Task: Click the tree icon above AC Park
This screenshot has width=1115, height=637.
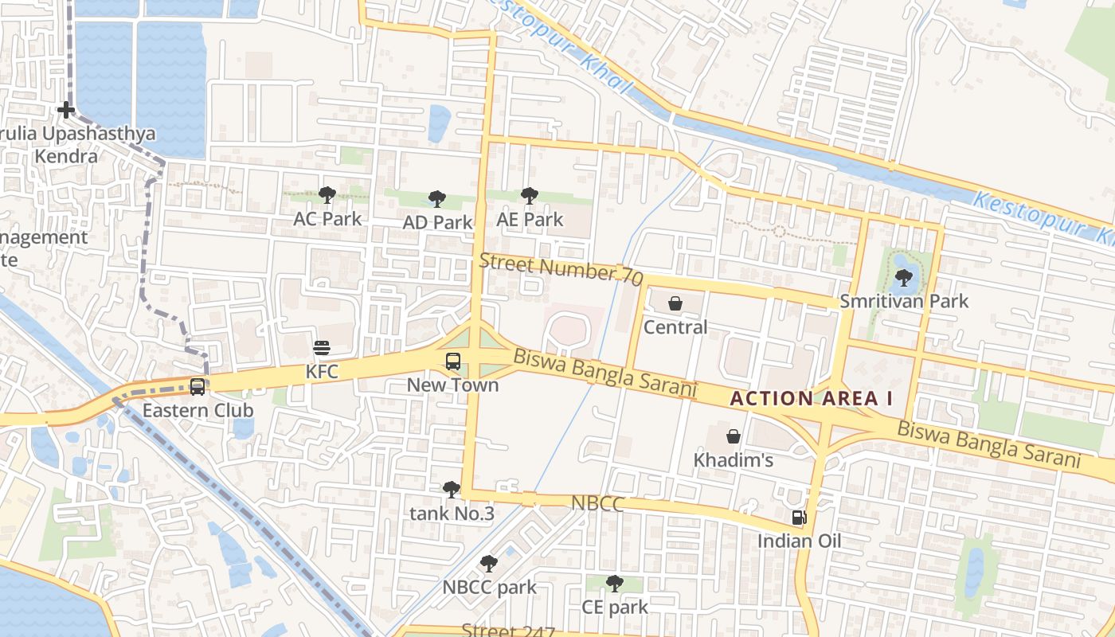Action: [x=327, y=195]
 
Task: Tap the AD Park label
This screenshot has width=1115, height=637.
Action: [x=437, y=222]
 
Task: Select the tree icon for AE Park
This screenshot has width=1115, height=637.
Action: [x=529, y=196]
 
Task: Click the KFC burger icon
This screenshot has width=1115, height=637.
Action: [x=322, y=348]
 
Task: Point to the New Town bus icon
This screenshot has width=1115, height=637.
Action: [x=453, y=361]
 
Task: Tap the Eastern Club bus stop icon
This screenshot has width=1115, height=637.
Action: [x=197, y=387]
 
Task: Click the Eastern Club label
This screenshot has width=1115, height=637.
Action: [x=198, y=410]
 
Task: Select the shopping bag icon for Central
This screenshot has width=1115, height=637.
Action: [x=675, y=303]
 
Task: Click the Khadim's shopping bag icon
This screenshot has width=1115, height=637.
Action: [x=733, y=436]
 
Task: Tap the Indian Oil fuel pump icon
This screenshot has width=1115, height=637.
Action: [x=799, y=518]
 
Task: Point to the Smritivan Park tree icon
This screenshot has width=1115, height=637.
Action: [x=903, y=278]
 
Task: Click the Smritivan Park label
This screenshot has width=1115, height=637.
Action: [x=904, y=301]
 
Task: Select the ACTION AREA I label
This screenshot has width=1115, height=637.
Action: [x=811, y=399]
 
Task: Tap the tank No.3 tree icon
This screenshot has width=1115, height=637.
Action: [x=452, y=490]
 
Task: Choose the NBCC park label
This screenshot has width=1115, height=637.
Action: [x=489, y=588]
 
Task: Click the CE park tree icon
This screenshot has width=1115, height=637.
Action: [x=614, y=584]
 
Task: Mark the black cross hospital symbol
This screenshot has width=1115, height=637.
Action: [x=66, y=110]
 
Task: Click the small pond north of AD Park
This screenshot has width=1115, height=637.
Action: [x=439, y=123]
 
